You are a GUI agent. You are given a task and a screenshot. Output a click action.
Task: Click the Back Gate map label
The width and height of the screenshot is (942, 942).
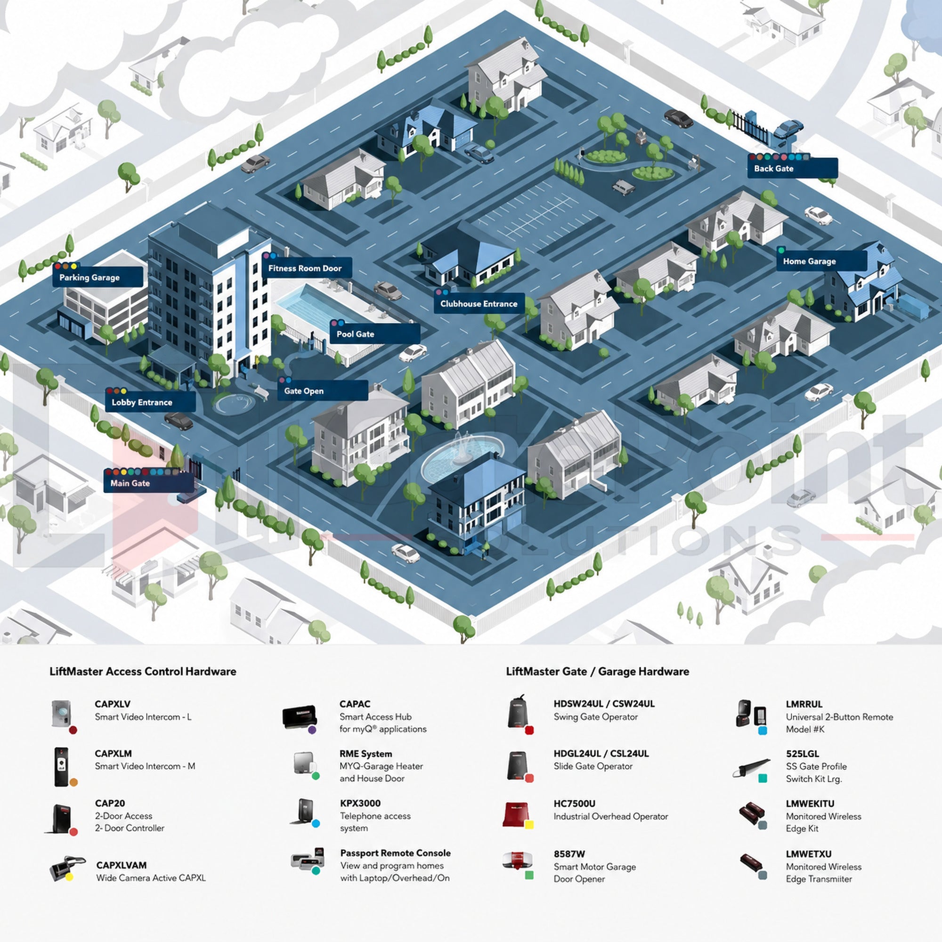coord(792,168)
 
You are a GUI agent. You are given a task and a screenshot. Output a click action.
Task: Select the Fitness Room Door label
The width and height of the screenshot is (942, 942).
coord(307,268)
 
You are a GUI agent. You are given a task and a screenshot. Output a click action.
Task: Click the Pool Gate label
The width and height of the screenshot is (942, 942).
coord(375,333)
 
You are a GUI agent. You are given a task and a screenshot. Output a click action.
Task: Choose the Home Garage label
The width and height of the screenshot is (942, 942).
coord(821,261)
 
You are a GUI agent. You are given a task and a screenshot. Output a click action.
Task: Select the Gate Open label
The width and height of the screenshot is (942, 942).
coord(323,390)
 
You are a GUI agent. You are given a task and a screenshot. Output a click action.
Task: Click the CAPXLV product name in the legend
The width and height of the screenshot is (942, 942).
coord(113,704)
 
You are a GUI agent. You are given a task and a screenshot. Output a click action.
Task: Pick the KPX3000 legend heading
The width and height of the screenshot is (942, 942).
coord(360,803)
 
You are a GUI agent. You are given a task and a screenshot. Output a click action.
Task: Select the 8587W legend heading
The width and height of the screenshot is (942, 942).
coord(569,854)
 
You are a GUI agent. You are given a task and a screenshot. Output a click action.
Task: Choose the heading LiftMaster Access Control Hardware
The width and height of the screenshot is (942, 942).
coord(143,671)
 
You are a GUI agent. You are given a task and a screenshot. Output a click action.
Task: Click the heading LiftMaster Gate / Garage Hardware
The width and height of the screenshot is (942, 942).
coord(597,671)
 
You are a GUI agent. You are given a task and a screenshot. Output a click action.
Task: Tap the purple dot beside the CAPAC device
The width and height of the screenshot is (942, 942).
coord(312,730)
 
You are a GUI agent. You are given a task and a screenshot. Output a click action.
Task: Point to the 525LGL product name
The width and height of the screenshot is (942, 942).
coord(803,753)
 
